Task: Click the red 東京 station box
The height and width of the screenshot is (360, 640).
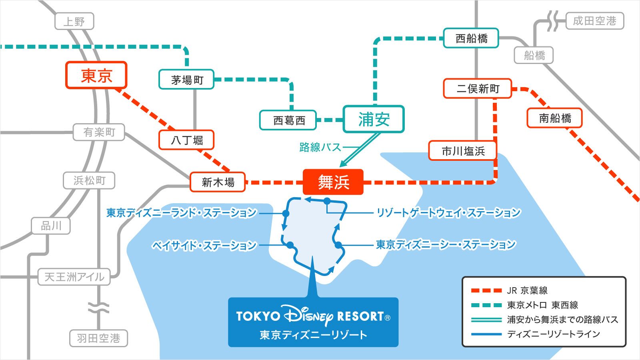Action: [96, 75]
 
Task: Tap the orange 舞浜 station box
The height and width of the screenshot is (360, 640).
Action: [333, 182]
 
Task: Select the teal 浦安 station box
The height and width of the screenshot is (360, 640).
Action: [374, 119]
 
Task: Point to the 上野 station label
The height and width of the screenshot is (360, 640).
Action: [74, 21]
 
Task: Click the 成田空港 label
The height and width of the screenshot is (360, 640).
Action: [594, 21]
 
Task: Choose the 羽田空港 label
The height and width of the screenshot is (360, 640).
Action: [98, 338]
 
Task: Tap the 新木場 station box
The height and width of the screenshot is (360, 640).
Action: [218, 182]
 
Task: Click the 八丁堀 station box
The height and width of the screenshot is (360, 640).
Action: [187, 140]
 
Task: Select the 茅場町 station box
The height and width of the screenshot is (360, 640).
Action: [187, 80]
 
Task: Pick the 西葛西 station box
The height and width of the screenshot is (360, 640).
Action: [288, 120]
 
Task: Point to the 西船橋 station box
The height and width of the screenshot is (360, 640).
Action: [471, 38]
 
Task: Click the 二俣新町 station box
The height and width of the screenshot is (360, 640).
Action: [478, 88]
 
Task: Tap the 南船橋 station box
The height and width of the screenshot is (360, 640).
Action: [554, 118]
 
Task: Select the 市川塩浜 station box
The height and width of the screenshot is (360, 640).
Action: [463, 151]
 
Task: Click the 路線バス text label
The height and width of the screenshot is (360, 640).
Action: [320, 147]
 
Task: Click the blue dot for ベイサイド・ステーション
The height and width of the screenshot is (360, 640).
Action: [290, 245]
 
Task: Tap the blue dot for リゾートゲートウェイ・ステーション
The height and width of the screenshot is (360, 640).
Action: [327, 201]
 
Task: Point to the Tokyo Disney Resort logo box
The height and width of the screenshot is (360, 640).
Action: [313, 322]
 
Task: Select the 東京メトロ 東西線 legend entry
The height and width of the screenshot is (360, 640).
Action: [542, 305]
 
